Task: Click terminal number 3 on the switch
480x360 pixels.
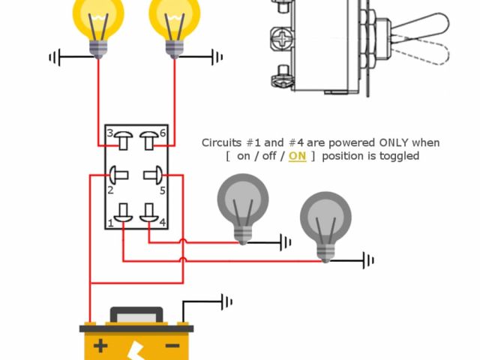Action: click(109, 133)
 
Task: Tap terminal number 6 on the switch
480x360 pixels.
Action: click(163, 133)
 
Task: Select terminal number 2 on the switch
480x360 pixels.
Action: click(110, 190)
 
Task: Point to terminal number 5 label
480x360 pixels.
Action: click(162, 190)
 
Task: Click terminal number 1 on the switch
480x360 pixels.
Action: click(110, 223)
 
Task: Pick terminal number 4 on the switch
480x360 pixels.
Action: click(162, 222)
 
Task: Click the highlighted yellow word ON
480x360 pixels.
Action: click(297, 156)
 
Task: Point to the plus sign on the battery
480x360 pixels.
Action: click(100, 346)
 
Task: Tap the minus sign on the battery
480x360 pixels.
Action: click(172, 346)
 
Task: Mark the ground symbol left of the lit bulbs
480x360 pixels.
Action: click(55, 57)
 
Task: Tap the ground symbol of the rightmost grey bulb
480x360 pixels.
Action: click(367, 260)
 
